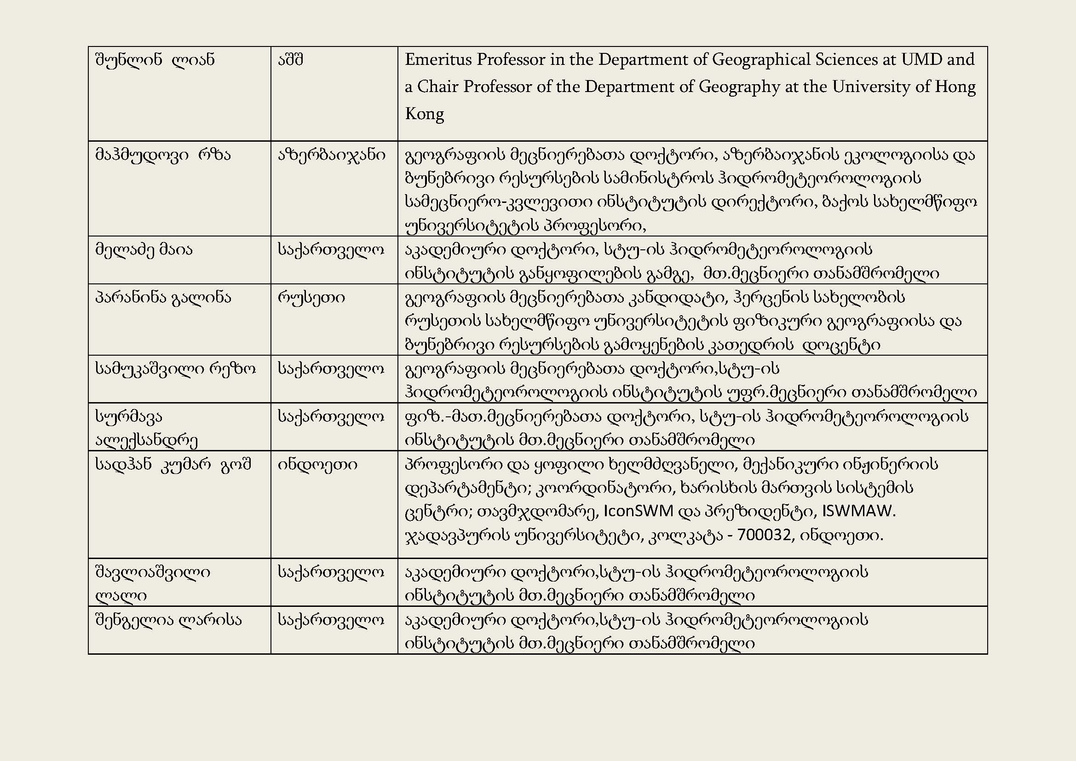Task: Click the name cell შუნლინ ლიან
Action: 155,60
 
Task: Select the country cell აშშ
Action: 291,60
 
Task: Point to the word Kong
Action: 424,114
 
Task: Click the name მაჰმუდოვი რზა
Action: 162,155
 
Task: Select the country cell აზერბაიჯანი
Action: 331,155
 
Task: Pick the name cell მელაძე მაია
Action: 144,249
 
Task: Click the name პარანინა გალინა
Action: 162,298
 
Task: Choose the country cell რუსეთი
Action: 311,298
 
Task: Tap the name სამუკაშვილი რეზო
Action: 175,369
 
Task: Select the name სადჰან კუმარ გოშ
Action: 173,464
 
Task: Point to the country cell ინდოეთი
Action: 317,464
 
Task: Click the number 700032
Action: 764,535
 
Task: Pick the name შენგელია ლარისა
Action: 168,620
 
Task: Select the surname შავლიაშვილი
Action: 152,572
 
